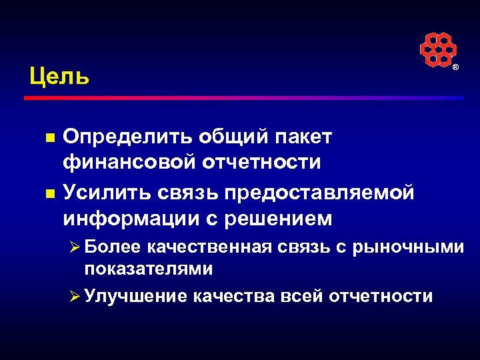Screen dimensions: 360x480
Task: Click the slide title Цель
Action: click(59, 76)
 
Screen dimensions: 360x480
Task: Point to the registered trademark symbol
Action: click(456, 69)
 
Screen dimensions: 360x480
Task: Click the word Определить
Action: click(126, 137)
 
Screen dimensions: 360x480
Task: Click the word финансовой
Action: click(133, 163)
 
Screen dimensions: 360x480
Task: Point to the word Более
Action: click(112, 247)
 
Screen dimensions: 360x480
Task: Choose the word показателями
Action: click(149, 269)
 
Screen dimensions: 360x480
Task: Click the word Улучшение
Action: click(135, 295)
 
